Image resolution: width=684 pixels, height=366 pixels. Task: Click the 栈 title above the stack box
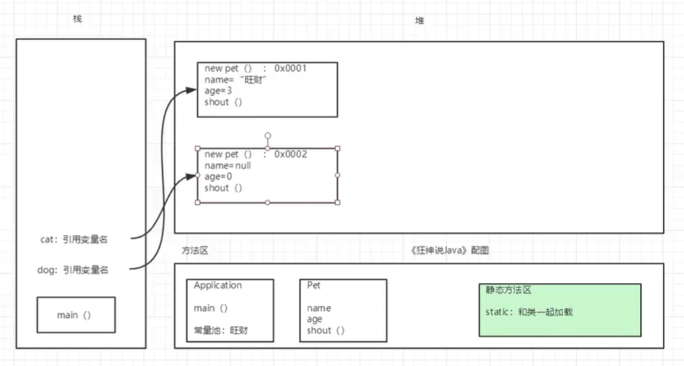pyautogui.click(x=77, y=18)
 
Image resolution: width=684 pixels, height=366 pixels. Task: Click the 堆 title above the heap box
pyautogui.click(x=420, y=21)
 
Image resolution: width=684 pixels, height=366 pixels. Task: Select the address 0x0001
pyautogui.click(x=291, y=68)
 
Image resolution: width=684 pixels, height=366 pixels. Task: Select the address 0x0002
pyautogui.click(x=291, y=154)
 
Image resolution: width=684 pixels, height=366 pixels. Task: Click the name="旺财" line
pyautogui.click(x=236, y=80)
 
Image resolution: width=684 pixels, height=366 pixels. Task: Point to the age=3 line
pyautogui.click(x=218, y=91)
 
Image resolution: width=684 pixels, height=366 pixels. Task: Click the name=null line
pyautogui.click(x=227, y=165)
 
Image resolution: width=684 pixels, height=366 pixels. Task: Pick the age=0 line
pyautogui.click(x=218, y=177)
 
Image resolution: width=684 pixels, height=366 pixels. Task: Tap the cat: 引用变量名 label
pyautogui.click(x=74, y=239)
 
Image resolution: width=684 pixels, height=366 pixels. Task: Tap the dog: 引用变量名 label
pyautogui.click(x=74, y=269)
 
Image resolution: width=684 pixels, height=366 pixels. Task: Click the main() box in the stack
pyautogui.click(x=76, y=314)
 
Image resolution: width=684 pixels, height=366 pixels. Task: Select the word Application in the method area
pyautogui.click(x=218, y=285)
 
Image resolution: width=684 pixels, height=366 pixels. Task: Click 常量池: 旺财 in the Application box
pyautogui.click(x=221, y=331)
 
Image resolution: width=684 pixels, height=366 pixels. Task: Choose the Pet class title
pyautogui.click(x=313, y=285)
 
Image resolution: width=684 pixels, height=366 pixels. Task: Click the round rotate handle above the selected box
pyautogui.click(x=268, y=135)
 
